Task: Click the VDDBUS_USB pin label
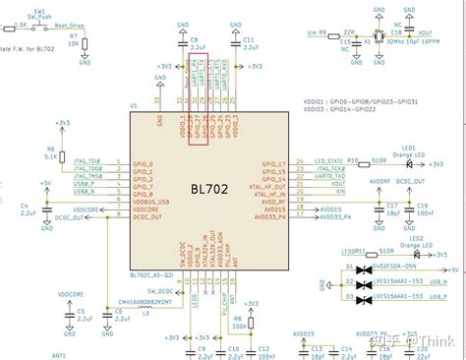(x=145, y=201)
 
